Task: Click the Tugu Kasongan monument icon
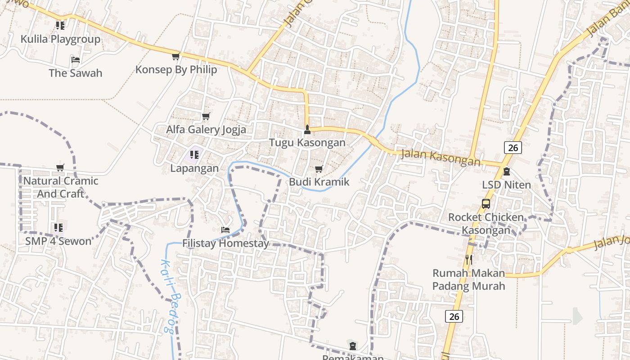[307, 130]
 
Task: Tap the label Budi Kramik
[319, 182]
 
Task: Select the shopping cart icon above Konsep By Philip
[175, 57]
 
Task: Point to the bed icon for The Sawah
[76, 60]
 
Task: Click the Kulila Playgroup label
[60, 39]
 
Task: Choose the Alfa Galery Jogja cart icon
[206, 117]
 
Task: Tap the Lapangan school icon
[194, 155]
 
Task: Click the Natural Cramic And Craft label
[61, 187]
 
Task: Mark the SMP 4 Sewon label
[58, 241]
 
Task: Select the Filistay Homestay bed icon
[225, 230]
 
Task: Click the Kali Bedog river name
[167, 296]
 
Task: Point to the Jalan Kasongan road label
[440, 157]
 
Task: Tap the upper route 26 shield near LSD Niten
[513, 147]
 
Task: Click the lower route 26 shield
[454, 316]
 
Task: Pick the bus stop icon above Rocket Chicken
[486, 203]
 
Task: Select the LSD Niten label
[506, 184]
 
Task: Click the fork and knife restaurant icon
[469, 259]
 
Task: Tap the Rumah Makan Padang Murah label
[468, 279]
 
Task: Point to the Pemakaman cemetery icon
[353, 346]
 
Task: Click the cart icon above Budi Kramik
[319, 169]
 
